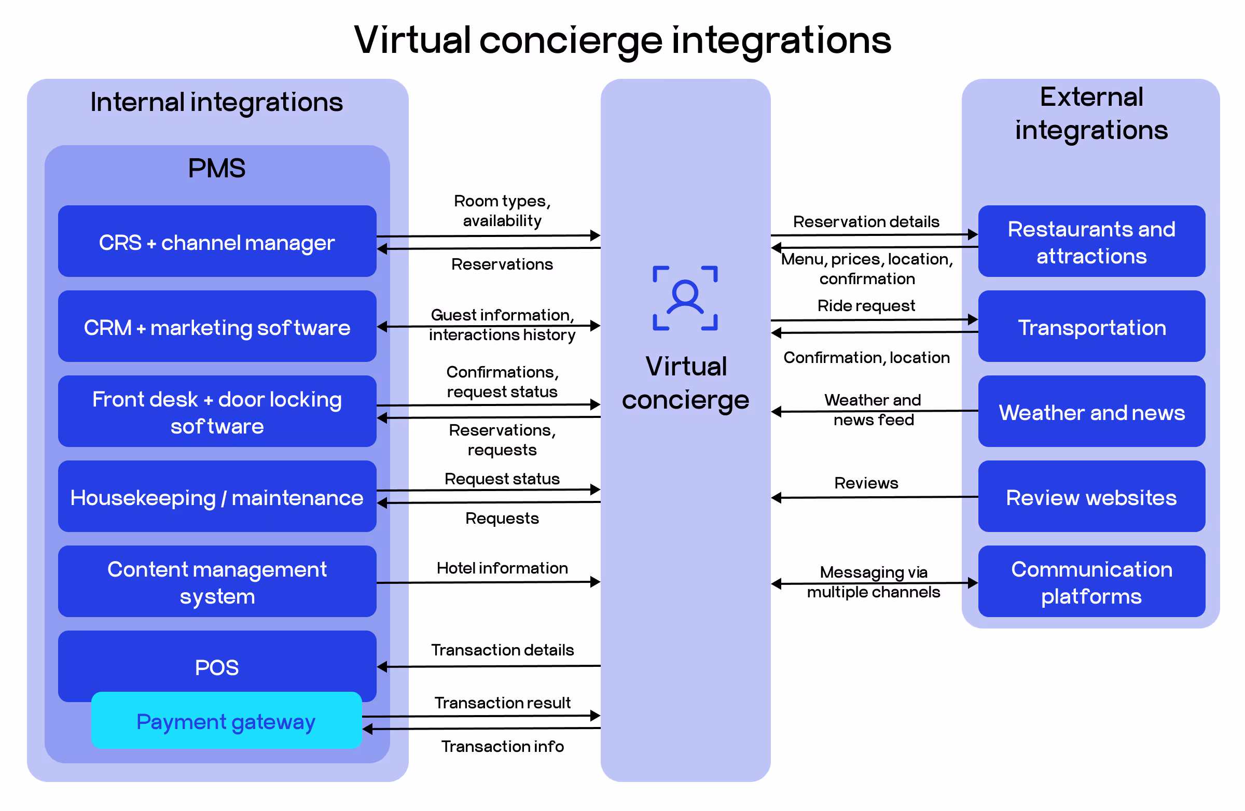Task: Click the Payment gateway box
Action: (226, 721)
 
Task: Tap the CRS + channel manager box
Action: (216, 242)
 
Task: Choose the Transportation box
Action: (1091, 327)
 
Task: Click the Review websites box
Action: (1091, 497)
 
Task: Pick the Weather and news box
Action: (1091, 412)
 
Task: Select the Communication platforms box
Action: (1091, 582)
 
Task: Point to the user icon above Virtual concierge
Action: (685, 298)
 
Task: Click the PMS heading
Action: (216, 169)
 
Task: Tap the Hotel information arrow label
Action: (502, 568)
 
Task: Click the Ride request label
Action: (866, 305)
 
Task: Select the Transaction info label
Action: (502, 746)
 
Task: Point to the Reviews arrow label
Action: (866, 483)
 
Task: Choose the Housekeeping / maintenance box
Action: (216, 497)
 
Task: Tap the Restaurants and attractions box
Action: (1091, 242)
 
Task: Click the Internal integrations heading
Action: (216, 102)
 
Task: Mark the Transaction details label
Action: (502, 650)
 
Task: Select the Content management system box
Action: (216, 582)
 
